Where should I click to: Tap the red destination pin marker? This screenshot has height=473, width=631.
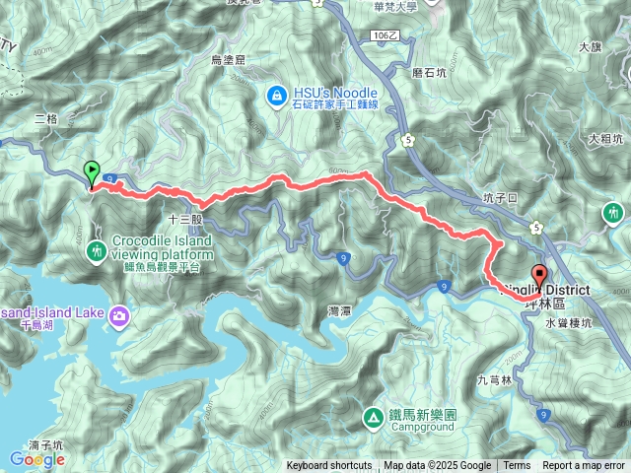[538, 275]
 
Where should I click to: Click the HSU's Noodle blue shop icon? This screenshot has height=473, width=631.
[276, 96]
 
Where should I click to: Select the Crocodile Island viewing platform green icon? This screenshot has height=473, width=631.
[97, 250]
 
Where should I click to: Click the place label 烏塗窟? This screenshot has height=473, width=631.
[228, 60]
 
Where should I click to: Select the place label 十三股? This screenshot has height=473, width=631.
[184, 219]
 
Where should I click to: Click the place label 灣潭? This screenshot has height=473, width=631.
[339, 310]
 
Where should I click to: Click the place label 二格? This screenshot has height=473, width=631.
[46, 118]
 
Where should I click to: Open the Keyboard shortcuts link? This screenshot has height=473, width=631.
[329, 466]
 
